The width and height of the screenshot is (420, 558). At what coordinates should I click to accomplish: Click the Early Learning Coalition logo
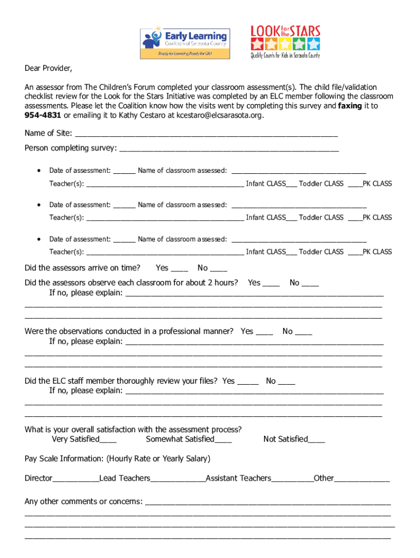click(184, 43)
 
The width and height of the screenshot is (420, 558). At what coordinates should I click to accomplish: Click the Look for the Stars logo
click(285, 41)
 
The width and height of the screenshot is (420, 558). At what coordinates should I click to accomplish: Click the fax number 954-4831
click(44, 115)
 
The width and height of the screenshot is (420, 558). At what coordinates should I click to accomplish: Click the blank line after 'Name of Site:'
click(206, 134)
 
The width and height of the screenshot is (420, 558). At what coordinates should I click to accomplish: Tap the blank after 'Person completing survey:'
click(229, 149)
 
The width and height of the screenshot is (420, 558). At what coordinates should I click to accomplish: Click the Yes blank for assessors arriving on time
click(179, 269)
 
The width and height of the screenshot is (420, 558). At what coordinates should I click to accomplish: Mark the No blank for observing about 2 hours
click(310, 283)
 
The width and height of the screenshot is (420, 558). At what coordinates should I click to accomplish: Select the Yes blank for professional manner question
click(265, 332)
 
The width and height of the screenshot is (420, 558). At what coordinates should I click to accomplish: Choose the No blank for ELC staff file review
click(286, 382)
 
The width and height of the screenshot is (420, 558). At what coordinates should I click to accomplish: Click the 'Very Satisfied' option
click(83, 439)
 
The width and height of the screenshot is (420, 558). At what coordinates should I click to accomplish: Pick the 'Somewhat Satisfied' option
click(189, 439)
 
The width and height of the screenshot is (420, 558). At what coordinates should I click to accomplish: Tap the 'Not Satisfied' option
click(293, 439)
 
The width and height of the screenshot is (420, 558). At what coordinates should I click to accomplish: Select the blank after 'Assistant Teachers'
click(292, 479)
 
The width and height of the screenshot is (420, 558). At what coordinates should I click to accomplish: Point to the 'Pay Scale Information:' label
click(64, 459)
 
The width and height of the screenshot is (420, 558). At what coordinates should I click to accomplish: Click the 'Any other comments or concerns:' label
click(83, 501)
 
